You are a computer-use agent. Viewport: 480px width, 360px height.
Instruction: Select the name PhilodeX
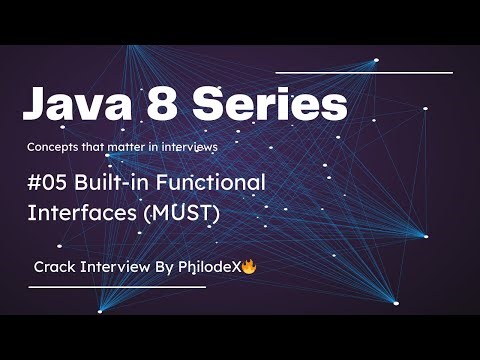[209, 268]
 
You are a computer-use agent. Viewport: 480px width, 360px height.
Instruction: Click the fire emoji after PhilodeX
[249, 267]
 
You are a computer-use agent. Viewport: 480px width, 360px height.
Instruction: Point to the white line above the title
[364, 72]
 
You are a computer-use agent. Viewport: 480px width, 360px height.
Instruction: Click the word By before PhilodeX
[164, 268]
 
